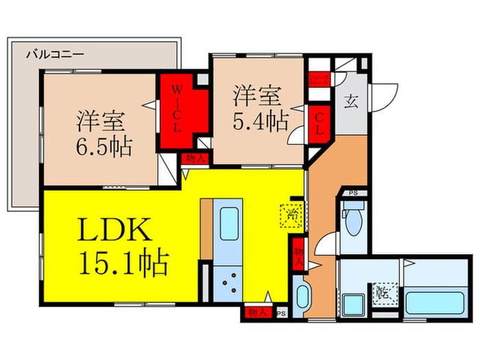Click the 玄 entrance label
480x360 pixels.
(x=350, y=104)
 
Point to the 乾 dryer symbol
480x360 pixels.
(x=381, y=293)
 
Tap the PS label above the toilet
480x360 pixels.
(x=354, y=193)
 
